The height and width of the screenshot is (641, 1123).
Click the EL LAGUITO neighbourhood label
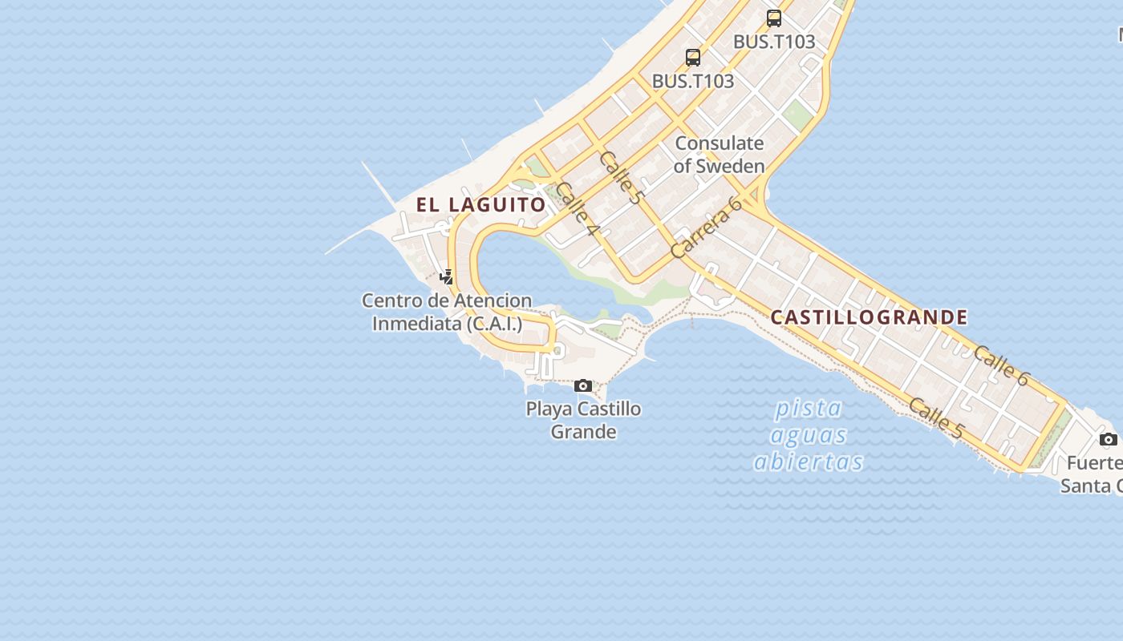(x=481, y=204)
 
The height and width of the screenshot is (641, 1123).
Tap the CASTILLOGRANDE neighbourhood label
(x=869, y=317)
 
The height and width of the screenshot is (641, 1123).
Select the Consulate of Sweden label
(x=719, y=155)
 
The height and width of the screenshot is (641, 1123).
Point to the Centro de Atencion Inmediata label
(x=447, y=312)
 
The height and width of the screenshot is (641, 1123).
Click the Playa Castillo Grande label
(x=583, y=420)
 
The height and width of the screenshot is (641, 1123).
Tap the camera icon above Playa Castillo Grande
(x=583, y=386)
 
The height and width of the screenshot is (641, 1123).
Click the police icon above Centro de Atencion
(x=447, y=277)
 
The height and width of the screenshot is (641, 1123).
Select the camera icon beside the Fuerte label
(x=1108, y=439)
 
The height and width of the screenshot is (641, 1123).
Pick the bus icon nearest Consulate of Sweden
(x=693, y=58)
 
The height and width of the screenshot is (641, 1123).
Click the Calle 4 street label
(x=577, y=209)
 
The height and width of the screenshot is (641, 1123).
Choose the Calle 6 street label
(x=1001, y=365)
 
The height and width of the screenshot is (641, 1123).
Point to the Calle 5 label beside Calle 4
(x=621, y=177)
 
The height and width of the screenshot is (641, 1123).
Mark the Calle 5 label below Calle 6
(x=935, y=417)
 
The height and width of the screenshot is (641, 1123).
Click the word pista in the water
(x=809, y=409)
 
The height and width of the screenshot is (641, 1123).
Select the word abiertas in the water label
(x=809, y=462)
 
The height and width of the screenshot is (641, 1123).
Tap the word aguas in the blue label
(x=809, y=435)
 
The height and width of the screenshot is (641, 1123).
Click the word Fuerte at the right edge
(x=1094, y=463)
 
